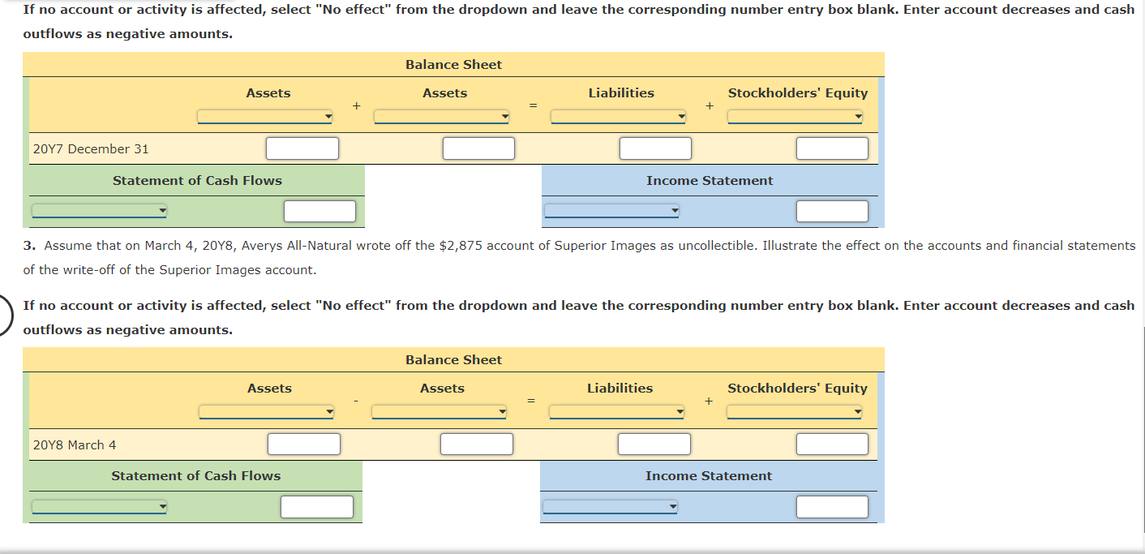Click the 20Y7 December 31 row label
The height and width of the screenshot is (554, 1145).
[91, 149]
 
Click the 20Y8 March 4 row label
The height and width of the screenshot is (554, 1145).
[75, 444]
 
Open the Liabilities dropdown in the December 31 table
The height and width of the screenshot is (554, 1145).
[618, 118]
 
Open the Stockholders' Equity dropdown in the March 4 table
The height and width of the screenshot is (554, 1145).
[795, 413]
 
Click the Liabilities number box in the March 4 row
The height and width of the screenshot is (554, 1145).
[654, 444]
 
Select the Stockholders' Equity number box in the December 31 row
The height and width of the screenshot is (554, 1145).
[832, 149]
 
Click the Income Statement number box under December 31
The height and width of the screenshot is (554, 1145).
[832, 212]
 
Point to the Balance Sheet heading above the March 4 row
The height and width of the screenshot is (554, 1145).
[453, 360]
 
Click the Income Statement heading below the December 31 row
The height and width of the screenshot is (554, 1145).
[710, 181]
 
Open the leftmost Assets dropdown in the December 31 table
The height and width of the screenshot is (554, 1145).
[265, 118]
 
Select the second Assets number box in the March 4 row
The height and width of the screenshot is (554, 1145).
[477, 444]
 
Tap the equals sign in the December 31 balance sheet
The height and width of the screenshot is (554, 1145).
[533, 105]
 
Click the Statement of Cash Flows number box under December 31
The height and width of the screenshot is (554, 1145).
[319, 212]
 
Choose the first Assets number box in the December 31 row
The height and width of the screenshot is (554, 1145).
[302, 149]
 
